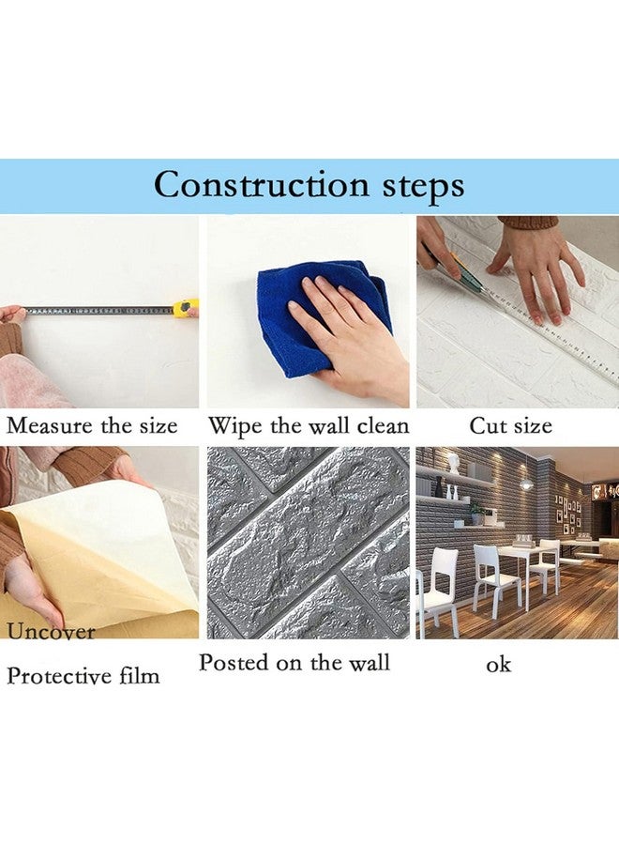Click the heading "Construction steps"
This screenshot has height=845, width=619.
pyautogui.click(x=309, y=185)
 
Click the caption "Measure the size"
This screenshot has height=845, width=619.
pyautogui.click(x=92, y=426)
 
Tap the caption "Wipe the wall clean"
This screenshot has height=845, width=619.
pyautogui.click(x=309, y=426)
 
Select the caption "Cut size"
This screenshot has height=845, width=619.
pyautogui.click(x=510, y=426)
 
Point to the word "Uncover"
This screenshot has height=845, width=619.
pyautogui.click(x=52, y=632)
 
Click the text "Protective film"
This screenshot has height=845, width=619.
pyautogui.click(x=83, y=675)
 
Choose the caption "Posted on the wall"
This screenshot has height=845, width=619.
pyautogui.click(x=294, y=663)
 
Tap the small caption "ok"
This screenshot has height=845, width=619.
pyautogui.click(x=499, y=664)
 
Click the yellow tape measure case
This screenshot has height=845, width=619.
pyautogui.click(x=188, y=307)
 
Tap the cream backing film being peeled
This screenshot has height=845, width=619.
pyautogui.click(x=103, y=554)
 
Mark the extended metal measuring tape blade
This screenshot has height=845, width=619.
pyautogui.click(x=98, y=309)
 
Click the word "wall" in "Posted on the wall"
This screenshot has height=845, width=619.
pyautogui.click(x=368, y=663)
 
